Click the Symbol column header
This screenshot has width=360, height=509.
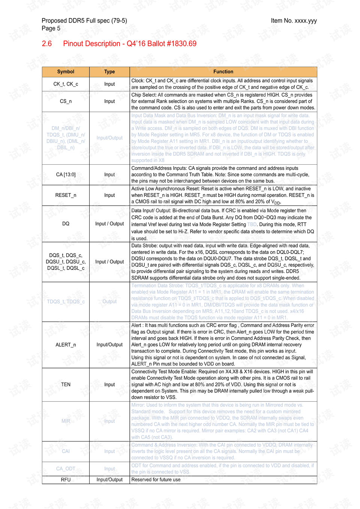[66, 72]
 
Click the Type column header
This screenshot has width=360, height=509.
[109, 72]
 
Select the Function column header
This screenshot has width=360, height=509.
[223, 72]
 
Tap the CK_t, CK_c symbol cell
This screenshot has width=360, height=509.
[66, 84]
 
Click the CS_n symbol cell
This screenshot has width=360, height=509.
[66, 101]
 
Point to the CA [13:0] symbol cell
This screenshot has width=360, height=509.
[66, 174]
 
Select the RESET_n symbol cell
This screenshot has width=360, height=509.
[66, 195]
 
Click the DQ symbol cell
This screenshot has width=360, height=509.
[66, 224]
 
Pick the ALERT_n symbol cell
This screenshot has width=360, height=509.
[66, 345]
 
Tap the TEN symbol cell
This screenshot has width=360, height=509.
[66, 384]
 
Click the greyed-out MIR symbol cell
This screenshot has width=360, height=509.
[66, 421]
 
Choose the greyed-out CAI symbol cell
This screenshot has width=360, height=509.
[66, 451]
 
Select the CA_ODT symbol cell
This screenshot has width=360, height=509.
[66, 469]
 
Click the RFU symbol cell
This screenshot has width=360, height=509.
[66, 480]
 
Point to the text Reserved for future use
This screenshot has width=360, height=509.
[156, 480]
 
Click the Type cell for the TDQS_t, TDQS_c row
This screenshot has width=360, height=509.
[109, 302]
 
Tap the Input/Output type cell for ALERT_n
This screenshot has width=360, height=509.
[109, 345]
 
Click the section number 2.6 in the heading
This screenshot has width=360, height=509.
[47, 44]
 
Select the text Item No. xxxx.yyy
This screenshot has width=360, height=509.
[294, 21]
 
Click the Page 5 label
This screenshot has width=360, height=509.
[51, 29]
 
